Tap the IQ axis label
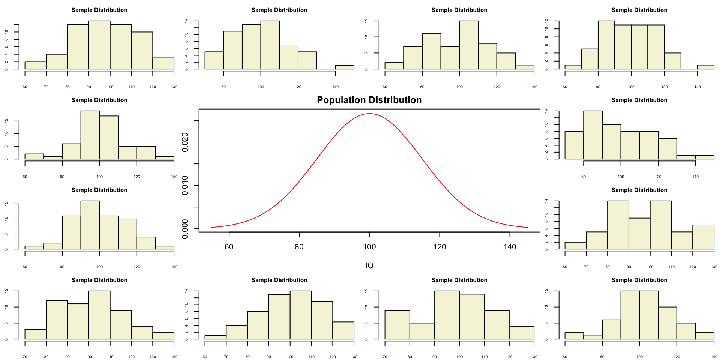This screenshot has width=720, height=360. pyautogui.click(x=369, y=265)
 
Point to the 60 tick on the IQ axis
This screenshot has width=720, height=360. pyautogui.click(x=229, y=247)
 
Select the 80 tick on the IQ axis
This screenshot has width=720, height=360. pyautogui.click(x=299, y=247)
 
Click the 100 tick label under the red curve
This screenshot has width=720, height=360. pyautogui.click(x=369, y=247)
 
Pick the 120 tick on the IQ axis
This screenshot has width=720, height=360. pyautogui.click(x=439, y=247)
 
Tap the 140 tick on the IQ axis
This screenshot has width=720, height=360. pyautogui.click(x=510, y=247)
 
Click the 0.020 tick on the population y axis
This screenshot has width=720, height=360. pyautogui.click(x=185, y=142)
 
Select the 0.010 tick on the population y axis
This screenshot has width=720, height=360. pyautogui.click(x=185, y=186)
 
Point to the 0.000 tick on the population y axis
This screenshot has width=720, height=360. pyautogui.click(x=185, y=229)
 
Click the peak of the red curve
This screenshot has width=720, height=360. pyautogui.click(x=369, y=113)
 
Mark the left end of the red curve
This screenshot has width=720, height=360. pyautogui.click(x=212, y=227)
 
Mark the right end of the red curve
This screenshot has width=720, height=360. pyautogui.click(x=527, y=227)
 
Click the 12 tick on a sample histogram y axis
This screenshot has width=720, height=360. pyautogui.click(x=557, y=21)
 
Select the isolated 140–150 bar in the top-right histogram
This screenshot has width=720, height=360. pyautogui.click(x=705, y=67)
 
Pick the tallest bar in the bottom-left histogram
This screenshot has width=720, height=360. pyautogui.click(x=99, y=315)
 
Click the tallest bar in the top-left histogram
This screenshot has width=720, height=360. pyautogui.click(x=99, y=45)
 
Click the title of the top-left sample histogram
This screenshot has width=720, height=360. pyautogui.click(x=99, y=10)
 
